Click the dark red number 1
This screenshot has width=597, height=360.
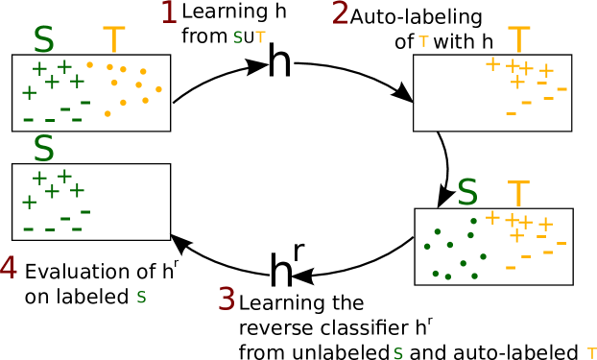coord(169,12)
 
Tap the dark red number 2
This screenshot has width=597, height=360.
coord(340,13)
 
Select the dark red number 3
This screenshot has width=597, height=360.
coord(227,300)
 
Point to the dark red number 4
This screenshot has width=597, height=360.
coord(8,268)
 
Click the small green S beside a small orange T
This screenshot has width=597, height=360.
coord(238,37)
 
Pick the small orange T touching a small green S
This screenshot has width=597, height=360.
coord(260,36)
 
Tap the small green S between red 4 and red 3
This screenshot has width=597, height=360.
coord(141,298)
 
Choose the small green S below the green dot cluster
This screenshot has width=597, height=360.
coord(398,353)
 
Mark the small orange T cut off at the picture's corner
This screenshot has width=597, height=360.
coord(591,353)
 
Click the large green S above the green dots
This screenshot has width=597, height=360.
coord(467,193)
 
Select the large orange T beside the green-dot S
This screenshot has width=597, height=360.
coord(518,194)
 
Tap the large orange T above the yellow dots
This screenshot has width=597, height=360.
coord(114,40)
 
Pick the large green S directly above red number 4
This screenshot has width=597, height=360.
coord(43,149)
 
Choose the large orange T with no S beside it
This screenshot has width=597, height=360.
coord(519,40)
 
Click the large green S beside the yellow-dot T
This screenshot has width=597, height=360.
coord(43,40)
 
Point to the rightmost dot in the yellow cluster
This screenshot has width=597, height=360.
coord(158,89)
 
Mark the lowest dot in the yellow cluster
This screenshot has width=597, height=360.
coord(107,113)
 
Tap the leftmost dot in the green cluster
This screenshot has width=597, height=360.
coord(427,246)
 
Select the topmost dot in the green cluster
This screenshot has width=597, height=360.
coord(473,221)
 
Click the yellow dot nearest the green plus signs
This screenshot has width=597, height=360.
coord(89,64)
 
